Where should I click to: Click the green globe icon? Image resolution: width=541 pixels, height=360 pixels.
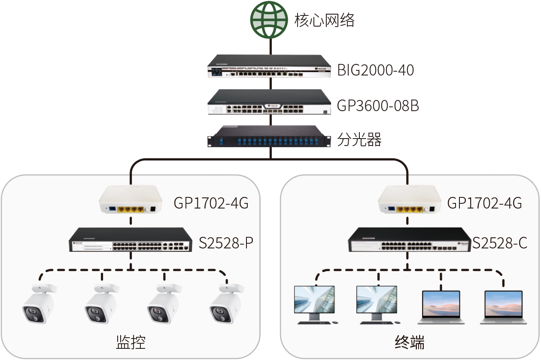pyautogui.click(x=269, y=20)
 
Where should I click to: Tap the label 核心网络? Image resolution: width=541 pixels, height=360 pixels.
pyautogui.click(x=324, y=20)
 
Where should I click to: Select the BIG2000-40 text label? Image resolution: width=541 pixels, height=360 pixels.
pyautogui.click(x=376, y=70)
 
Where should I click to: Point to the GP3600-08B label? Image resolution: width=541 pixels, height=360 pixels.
pyautogui.click(x=378, y=106)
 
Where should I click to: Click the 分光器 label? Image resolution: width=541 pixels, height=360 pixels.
pyautogui.click(x=359, y=140)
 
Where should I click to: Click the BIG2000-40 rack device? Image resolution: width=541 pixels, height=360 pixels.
pyautogui.click(x=269, y=66)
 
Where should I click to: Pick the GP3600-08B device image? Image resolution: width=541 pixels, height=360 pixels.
pyautogui.click(x=269, y=102)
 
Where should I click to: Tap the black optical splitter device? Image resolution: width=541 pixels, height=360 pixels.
pyautogui.click(x=269, y=136)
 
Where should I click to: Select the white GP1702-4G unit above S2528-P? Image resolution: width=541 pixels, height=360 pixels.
pyautogui.click(x=131, y=199)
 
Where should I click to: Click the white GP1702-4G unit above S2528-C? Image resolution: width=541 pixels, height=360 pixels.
pyautogui.click(x=410, y=199)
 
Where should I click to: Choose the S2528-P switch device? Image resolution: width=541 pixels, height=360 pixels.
pyautogui.click(x=131, y=240)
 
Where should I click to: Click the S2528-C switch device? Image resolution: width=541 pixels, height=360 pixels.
pyautogui.click(x=410, y=240)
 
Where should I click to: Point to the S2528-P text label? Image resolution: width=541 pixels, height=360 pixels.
pyautogui.click(x=226, y=243)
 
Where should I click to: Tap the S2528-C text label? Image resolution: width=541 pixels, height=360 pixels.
pyautogui.click(x=500, y=243)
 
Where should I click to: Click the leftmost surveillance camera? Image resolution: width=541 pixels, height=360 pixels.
pyautogui.click(x=40, y=304)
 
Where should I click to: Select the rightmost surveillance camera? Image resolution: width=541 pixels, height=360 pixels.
pyautogui.click(x=227, y=304)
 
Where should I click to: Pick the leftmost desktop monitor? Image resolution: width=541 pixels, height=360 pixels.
pyautogui.click(x=315, y=305)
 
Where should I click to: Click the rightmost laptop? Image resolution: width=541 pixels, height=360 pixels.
pyautogui.click(x=504, y=307)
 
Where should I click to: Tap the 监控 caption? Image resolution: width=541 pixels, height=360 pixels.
pyautogui.click(x=131, y=342)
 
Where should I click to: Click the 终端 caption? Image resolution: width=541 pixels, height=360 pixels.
pyautogui.click(x=410, y=342)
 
